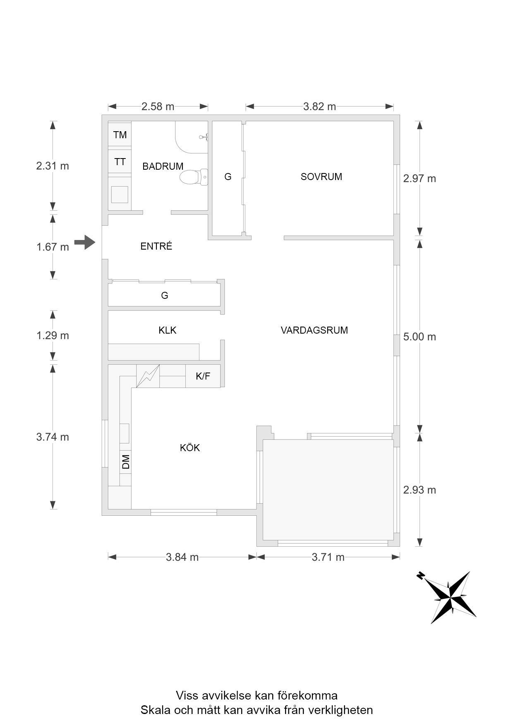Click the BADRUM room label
point(163,166)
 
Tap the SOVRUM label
point(321,177)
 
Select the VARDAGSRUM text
point(314,330)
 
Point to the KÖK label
point(190,447)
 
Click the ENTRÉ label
point(156,246)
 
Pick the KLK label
point(168,330)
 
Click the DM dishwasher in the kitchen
point(126,462)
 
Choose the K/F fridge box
point(203,376)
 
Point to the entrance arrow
point(85,242)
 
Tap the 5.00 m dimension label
point(420,337)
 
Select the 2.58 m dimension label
point(158,107)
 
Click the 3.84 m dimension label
point(182,557)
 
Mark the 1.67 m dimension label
point(53,247)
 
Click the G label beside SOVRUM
point(228,177)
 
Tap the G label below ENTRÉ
point(165,296)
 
